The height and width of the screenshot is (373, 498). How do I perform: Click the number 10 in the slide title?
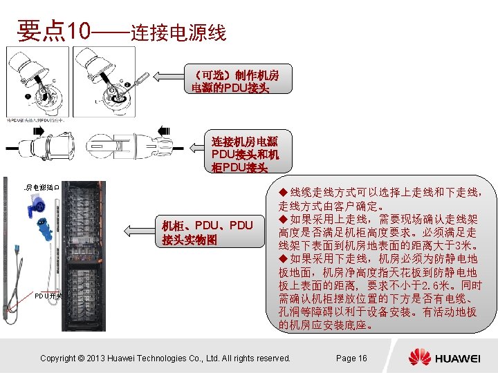[x=78, y=30]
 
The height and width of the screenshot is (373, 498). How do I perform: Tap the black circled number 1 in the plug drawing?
[x=28, y=95]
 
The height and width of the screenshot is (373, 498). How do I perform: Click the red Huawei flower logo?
[x=419, y=357]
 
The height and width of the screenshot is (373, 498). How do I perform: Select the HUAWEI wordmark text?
[x=456, y=358]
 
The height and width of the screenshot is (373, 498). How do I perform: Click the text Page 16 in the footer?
[x=351, y=358]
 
